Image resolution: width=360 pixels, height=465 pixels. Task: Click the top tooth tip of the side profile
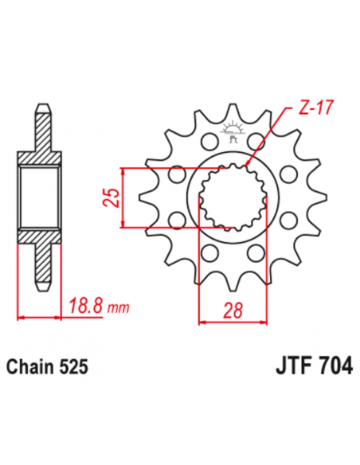(x=40, y=107)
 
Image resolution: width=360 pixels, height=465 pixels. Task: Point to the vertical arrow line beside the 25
(x=123, y=197)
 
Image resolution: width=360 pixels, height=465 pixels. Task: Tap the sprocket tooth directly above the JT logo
(x=235, y=111)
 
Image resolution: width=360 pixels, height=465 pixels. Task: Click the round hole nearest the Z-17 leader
(x=259, y=141)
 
